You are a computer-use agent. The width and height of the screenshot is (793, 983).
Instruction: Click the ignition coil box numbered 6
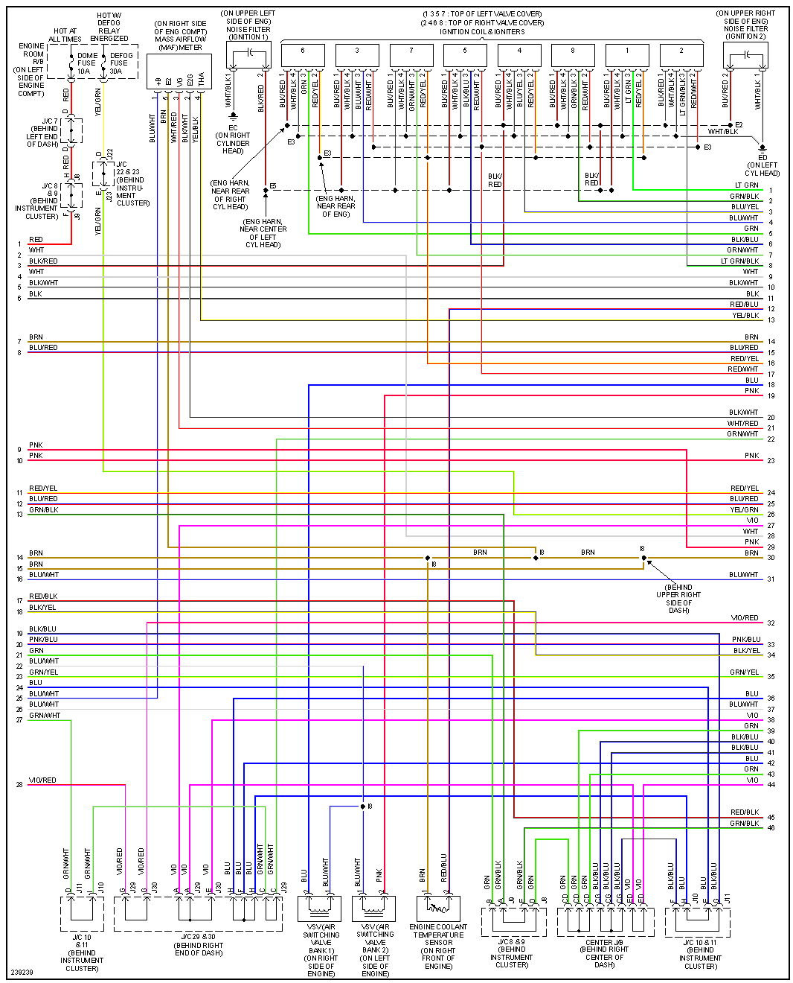point(303,54)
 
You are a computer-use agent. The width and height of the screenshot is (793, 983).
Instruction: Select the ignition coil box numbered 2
point(681,54)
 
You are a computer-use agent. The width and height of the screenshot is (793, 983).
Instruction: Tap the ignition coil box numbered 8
point(573,54)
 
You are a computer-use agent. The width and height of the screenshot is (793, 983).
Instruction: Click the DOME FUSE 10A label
point(87,63)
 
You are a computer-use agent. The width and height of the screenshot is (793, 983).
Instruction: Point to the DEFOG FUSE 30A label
point(121,63)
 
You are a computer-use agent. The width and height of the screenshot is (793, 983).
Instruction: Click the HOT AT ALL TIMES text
point(65,35)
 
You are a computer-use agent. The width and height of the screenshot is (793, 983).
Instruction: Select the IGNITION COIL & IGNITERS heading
point(482,31)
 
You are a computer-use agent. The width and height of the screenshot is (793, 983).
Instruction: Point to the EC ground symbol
point(233,117)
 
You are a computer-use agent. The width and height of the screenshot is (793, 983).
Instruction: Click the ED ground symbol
point(762,147)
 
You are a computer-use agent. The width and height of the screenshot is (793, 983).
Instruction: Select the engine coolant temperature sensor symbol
point(438,908)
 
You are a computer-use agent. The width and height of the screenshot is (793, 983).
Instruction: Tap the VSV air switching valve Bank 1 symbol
point(319,908)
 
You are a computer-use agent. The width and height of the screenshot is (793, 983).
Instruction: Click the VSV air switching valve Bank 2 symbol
point(374,908)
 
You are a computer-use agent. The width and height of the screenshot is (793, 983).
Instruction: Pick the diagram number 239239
point(22,973)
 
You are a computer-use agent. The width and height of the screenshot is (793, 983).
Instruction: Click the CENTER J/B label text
point(605,942)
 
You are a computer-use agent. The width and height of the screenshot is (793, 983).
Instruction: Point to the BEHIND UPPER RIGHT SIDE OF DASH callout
point(678,599)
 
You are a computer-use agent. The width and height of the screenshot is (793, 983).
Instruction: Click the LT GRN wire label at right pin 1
point(746,185)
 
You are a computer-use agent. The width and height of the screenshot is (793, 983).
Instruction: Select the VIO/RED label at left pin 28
point(42,780)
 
